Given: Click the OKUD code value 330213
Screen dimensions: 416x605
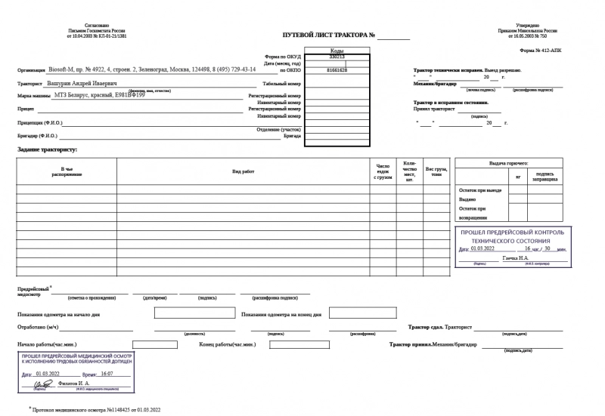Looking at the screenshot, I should point(337,57).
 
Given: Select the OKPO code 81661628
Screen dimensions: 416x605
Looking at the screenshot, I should point(337,69).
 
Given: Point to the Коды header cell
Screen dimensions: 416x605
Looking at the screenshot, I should point(337,51).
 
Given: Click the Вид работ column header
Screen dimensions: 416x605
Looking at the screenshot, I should point(244,172).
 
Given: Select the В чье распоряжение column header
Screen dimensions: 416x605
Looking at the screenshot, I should point(67,172).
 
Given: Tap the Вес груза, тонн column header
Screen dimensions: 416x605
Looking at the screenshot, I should point(436,172).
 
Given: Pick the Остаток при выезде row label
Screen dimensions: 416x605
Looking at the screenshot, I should point(480,190).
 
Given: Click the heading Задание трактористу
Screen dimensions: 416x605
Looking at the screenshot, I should point(48,150).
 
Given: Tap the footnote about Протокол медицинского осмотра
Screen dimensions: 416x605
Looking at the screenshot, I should point(95,409).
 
